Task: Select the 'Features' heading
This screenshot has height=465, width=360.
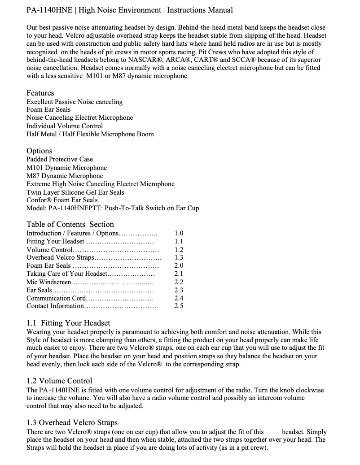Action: point(40,93)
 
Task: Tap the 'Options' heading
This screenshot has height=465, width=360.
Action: point(39,151)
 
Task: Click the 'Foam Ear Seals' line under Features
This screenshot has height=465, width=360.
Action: point(48,109)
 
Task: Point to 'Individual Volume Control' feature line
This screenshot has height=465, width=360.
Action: point(65,126)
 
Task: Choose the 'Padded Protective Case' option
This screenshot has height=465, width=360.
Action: point(60,159)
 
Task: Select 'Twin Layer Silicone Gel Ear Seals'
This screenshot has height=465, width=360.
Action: point(75,192)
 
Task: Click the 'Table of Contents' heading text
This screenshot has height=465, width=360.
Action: point(56,224)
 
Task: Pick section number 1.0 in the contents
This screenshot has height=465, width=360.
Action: point(179,233)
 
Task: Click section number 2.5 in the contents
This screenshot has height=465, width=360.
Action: point(179,306)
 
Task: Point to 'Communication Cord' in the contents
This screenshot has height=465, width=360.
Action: point(56,298)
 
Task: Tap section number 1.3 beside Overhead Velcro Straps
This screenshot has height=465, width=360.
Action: point(179,257)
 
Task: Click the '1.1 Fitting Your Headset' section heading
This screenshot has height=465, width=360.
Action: point(68,323)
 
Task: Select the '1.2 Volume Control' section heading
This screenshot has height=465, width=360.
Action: point(59,381)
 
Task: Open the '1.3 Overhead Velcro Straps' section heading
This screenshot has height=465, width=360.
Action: point(72,422)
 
